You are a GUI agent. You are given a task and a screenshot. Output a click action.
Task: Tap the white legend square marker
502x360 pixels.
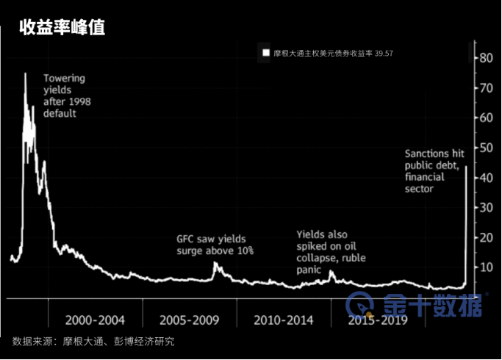(x=265, y=53)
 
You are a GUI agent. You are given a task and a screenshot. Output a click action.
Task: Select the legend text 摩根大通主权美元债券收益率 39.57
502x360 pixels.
(x=323, y=53)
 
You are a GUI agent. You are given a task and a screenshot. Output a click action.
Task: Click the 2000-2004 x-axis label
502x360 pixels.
(x=94, y=320)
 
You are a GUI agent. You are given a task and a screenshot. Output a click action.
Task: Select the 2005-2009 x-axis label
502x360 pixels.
(x=189, y=320)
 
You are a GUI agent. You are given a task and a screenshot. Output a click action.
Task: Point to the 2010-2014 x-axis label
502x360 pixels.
(x=283, y=320)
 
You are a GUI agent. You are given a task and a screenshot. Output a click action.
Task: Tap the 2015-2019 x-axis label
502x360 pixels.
(x=378, y=320)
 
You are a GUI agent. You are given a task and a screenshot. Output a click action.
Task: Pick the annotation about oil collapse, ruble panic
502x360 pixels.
(x=331, y=251)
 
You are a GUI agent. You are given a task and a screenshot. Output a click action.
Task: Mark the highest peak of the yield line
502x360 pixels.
(x=25, y=73)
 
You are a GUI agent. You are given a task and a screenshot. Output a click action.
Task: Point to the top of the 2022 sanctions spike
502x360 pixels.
(x=467, y=167)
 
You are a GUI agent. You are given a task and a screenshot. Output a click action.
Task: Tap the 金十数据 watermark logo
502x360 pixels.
(x=416, y=303)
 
